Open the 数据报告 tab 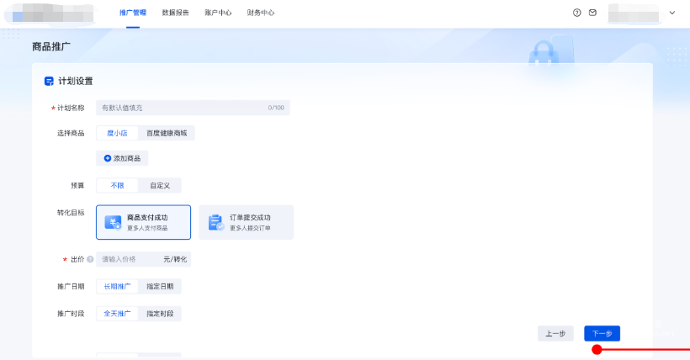coord(176,13)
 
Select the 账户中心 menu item coord(218,13)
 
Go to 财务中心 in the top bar coord(261,13)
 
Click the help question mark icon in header coord(577,13)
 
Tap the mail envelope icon coord(592,13)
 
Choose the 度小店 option coord(117,133)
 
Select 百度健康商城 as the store coord(167,133)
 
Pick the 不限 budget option coord(117,186)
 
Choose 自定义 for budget coord(160,186)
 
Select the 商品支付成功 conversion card coord(144,222)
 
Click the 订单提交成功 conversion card coord(247,222)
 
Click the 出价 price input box coord(128,259)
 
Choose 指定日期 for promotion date coord(160,287)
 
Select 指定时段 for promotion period coord(160,314)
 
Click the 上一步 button coord(555,333)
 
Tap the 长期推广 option coord(117,287)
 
